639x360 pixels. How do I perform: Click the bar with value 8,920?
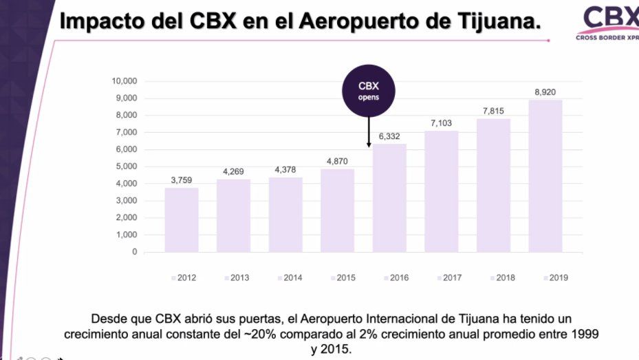545,176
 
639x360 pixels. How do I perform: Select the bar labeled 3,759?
182,220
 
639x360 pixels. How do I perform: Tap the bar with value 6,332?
389,198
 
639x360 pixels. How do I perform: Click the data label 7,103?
441,122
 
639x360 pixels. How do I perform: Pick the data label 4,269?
233,171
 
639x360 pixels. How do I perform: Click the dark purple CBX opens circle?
369,92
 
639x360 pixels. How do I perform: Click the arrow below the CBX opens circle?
369,131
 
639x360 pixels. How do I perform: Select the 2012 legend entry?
184,278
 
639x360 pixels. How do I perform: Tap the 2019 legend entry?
555,278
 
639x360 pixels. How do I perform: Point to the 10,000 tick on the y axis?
124,81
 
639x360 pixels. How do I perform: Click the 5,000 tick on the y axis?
127,167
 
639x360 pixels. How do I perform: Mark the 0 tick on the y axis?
135,252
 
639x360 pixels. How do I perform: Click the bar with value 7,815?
493,185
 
